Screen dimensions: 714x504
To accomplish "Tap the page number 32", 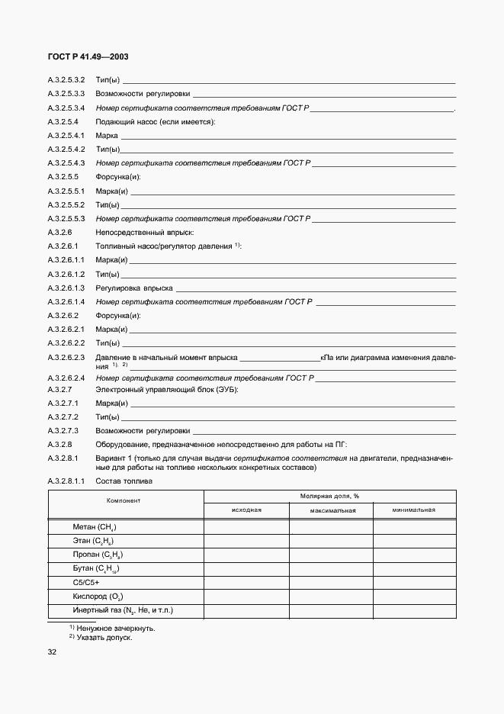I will [53, 652].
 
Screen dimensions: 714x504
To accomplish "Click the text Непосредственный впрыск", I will [144, 231].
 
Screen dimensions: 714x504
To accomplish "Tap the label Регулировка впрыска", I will [133, 288].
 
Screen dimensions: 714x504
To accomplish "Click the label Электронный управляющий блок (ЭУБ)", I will [167, 390].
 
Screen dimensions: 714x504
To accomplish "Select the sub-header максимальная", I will [330, 510].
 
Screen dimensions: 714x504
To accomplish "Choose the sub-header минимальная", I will [414, 510].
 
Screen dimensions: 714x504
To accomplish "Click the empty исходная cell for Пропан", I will [246, 555].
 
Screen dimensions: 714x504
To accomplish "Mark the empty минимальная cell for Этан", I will [414, 541].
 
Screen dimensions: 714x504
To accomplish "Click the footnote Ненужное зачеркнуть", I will [114, 628].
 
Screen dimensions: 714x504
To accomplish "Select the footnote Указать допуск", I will [104, 637].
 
